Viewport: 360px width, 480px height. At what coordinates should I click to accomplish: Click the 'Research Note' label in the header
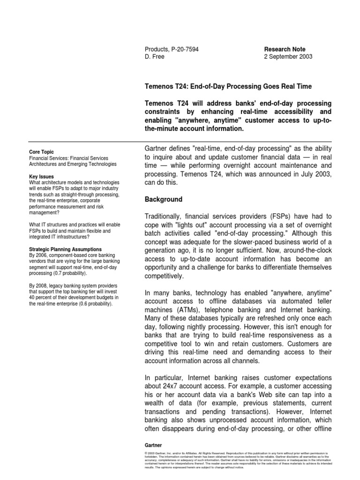pos(285,49)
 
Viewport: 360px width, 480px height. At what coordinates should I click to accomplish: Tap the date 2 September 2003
pos(288,57)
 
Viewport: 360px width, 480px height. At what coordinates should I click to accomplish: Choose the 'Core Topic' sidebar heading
pos(41,152)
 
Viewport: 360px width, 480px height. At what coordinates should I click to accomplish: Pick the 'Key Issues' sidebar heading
pos(41,177)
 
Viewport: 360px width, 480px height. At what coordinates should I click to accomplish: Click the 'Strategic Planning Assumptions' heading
pos(65,249)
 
